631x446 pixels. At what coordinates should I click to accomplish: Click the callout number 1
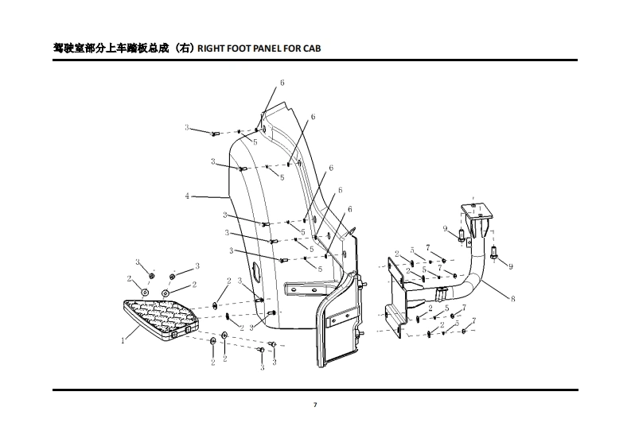(123, 339)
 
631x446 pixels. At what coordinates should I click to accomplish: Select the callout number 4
(188, 196)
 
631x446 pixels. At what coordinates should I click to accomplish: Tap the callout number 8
(512, 299)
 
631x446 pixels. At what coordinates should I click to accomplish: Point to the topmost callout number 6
(282, 83)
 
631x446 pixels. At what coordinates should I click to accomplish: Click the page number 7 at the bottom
(315, 405)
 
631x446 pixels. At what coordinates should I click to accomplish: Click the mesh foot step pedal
(162, 317)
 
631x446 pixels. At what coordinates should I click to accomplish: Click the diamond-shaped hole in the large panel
(259, 271)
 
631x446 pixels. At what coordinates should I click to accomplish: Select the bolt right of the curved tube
(493, 254)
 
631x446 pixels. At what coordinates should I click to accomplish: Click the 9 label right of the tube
(511, 266)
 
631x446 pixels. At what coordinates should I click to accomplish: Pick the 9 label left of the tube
(445, 229)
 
